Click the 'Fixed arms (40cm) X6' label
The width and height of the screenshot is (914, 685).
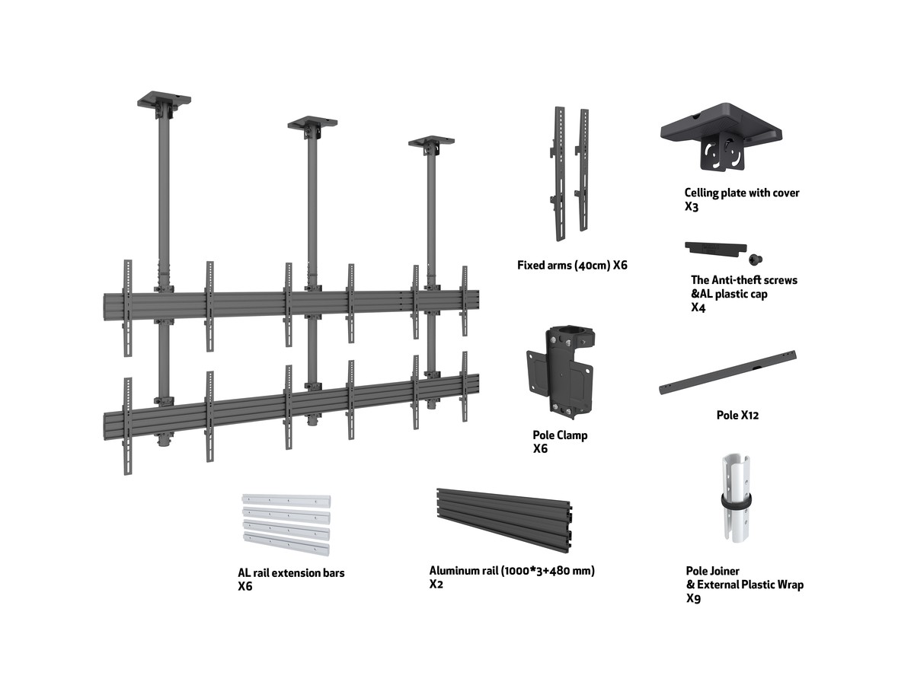[x=572, y=266]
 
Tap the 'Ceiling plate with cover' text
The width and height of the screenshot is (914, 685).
[x=741, y=193]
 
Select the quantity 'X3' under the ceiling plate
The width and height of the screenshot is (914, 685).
[x=691, y=207]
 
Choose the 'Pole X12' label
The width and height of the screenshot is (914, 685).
[x=737, y=416]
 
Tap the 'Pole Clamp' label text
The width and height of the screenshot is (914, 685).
[x=560, y=435]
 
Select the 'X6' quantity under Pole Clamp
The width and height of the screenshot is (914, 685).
[x=540, y=449]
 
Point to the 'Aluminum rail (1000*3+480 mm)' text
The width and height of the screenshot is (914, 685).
[x=512, y=571]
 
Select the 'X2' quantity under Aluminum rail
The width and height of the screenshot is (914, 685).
[x=436, y=585]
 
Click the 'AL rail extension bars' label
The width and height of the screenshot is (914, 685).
[x=291, y=572]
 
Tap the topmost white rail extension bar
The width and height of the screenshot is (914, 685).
[x=286, y=500]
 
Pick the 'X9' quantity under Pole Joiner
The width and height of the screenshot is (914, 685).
[x=693, y=599]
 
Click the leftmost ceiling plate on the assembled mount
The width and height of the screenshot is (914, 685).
[x=164, y=100]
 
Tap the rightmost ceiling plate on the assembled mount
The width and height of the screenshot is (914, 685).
[x=431, y=142]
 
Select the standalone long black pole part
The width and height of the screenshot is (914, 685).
[x=727, y=372]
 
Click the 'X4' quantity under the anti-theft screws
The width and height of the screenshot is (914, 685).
[x=698, y=307]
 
